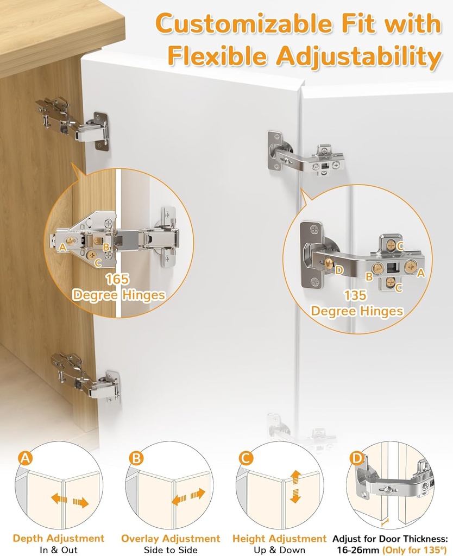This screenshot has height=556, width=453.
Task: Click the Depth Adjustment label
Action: [x=59, y=539]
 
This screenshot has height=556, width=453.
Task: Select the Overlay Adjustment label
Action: [x=171, y=539]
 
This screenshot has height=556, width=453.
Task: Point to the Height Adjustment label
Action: [x=279, y=539]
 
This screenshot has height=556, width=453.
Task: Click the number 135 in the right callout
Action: [x=356, y=296]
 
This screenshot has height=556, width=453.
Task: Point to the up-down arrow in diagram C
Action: [x=295, y=486]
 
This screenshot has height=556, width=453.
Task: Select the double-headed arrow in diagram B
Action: [x=189, y=496]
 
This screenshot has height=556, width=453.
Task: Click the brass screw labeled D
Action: [x=328, y=264]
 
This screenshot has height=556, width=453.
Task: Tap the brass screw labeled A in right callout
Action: [x=410, y=266]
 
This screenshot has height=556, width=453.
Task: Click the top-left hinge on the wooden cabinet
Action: [x=74, y=122]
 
